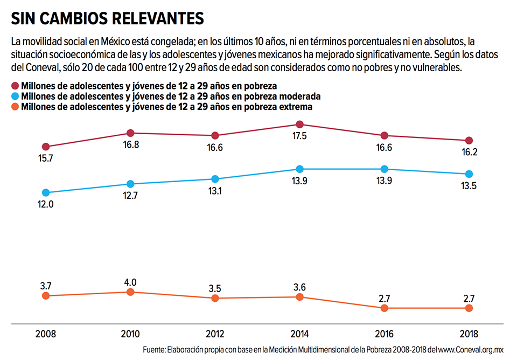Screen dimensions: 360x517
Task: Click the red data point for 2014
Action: click(x=299, y=124)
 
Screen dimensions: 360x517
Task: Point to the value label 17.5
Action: click(x=299, y=136)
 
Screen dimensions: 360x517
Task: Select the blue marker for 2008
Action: click(x=46, y=192)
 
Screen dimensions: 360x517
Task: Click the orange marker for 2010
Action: click(x=130, y=292)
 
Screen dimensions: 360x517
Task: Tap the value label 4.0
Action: click(x=130, y=282)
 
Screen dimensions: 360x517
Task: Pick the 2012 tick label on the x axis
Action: click(x=215, y=334)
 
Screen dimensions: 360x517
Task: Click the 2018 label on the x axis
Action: click(x=469, y=334)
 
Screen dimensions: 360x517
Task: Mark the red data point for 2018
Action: click(x=469, y=140)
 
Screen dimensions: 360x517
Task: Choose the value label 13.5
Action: click(x=469, y=186)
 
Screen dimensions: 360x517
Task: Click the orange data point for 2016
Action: click(x=384, y=308)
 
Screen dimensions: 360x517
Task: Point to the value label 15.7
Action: click(x=46, y=158)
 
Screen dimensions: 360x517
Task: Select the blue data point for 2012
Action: click(x=215, y=179)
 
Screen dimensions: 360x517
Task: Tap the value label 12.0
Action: click(x=46, y=205)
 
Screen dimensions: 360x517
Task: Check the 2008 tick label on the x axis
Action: click(x=46, y=334)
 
